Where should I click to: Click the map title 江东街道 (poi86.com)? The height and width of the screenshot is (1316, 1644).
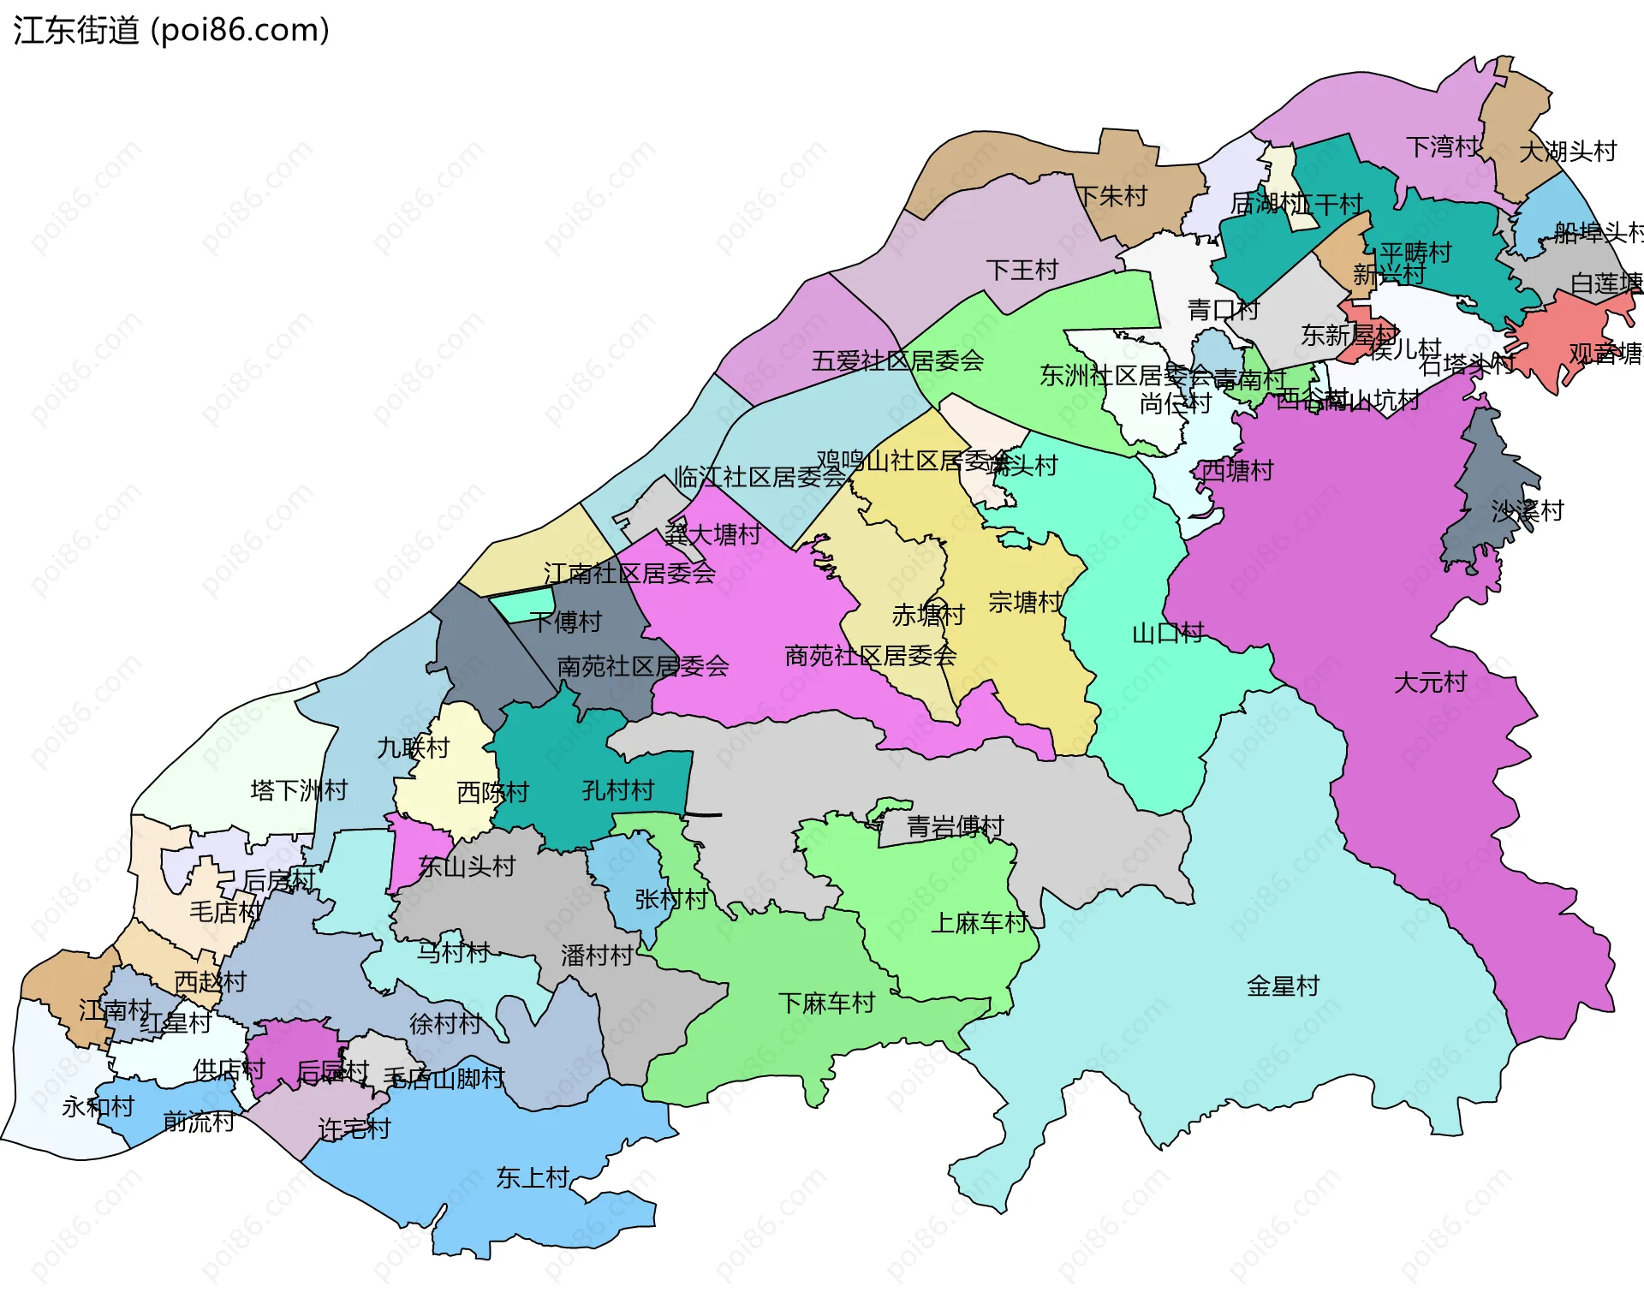171,31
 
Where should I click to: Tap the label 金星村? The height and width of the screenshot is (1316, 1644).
1283,986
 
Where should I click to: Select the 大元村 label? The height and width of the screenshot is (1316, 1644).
1430,682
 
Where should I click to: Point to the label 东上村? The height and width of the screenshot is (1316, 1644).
533,1178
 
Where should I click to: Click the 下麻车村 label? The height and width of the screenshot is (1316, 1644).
826,1003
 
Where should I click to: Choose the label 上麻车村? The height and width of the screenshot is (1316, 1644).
979,923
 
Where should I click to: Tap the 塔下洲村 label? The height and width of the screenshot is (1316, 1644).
299,789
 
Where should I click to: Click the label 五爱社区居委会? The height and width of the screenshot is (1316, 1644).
897,360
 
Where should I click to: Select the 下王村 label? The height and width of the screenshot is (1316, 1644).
1022,271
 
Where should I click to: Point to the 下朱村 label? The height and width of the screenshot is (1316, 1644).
1111,196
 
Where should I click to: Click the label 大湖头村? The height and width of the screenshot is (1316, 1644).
1567,152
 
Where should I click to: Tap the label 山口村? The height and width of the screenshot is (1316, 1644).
1168,634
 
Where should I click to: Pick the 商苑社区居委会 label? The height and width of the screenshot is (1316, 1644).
870,656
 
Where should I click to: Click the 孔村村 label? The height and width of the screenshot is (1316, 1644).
617,789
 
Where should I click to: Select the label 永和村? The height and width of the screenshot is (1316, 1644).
98,1107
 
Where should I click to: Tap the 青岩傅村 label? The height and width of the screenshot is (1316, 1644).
955,826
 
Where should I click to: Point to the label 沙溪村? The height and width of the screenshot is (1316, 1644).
1528,511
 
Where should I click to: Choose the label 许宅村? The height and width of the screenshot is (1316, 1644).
354,1129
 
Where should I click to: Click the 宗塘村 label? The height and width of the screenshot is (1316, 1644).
1024,602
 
